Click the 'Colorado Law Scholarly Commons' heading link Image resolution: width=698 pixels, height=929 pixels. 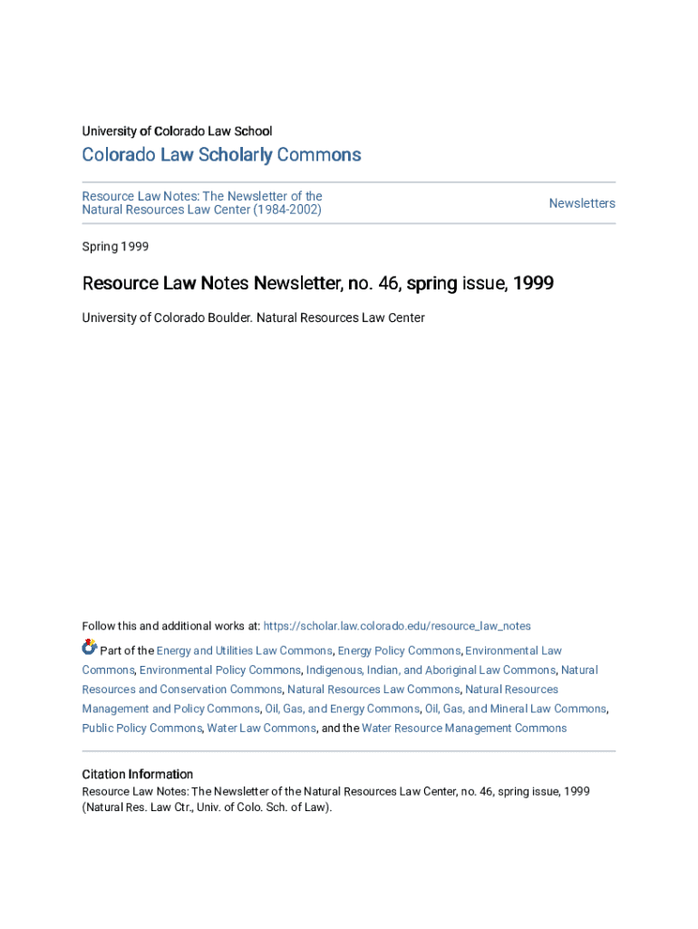221,155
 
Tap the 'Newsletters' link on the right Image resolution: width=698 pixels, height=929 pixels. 582,203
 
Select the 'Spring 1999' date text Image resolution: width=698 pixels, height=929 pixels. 115,247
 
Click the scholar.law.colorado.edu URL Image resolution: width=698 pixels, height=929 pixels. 397,626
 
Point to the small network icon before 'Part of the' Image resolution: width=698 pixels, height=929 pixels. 89,648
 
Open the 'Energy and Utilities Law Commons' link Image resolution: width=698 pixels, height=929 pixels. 244,650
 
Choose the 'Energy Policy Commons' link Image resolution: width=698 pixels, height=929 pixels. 399,650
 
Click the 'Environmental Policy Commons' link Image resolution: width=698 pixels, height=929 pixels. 220,670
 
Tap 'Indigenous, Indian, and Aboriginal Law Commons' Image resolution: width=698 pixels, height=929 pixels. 431,670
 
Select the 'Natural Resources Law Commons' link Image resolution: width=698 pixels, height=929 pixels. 373,689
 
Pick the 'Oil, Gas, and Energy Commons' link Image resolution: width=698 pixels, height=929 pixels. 342,709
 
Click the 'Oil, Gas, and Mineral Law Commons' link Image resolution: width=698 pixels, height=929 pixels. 515,709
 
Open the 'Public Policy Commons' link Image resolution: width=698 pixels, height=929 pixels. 141,729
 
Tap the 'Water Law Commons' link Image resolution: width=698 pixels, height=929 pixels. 261,729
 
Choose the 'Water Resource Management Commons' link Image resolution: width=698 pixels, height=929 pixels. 464,729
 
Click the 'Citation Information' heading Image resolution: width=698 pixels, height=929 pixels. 137,775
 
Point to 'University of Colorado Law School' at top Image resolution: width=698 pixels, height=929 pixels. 177,132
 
